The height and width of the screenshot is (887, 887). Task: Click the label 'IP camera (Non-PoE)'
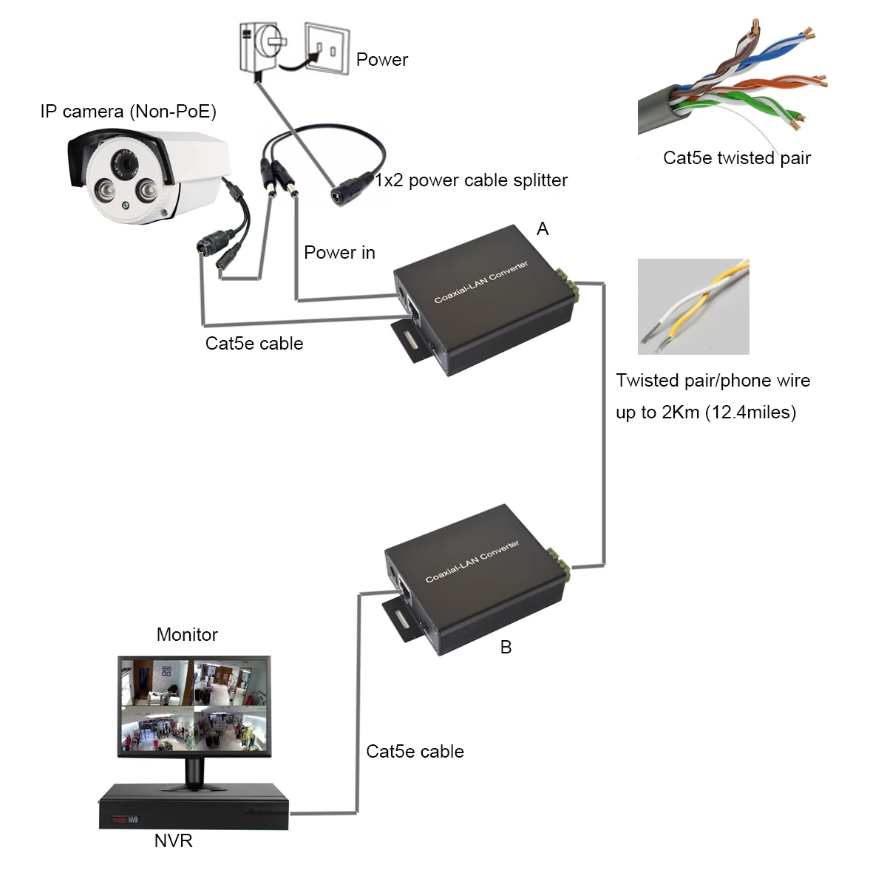(128, 112)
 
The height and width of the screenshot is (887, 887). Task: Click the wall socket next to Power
(327, 49)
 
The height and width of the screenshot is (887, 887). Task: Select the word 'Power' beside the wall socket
(381, 60)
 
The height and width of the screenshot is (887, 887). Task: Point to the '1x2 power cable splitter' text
(472, 180)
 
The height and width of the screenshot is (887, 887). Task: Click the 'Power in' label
(339, 253)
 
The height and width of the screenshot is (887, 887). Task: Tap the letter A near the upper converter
(543, 229)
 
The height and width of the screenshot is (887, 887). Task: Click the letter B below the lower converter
(506, 648)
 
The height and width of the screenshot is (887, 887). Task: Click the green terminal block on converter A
(569, 284)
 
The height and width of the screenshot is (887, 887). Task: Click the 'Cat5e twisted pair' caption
(736, 158)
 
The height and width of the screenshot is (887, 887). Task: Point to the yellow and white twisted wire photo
(693, 306)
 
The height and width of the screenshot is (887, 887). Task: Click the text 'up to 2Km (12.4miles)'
(706, 412)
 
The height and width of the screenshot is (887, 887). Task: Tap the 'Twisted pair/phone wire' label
(713, 381)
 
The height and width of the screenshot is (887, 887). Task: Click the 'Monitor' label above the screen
(187, 635)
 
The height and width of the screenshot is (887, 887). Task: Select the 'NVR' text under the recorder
(173, 841)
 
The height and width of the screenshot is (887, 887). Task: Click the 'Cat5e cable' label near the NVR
(415, 752)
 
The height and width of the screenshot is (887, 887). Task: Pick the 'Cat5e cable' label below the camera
(254, 344)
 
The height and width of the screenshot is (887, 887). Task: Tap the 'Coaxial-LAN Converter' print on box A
(480, 282)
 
